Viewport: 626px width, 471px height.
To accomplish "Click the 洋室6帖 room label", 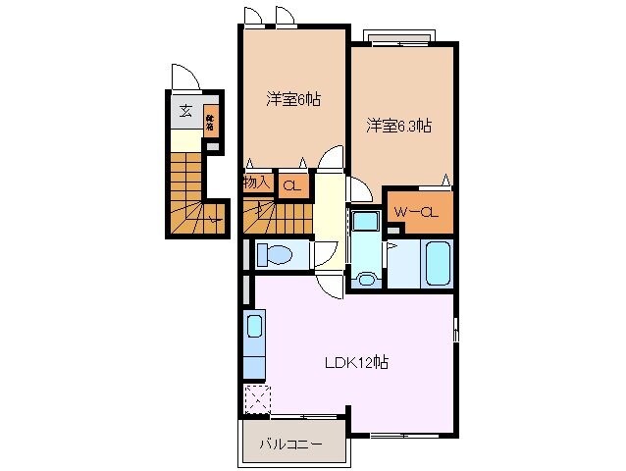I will tap(293, 99).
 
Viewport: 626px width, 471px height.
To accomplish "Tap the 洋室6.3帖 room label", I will tap(400, 126).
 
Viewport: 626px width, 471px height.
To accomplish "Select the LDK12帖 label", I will tap(357, 362).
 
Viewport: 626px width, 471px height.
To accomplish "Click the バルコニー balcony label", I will tap(290, 445).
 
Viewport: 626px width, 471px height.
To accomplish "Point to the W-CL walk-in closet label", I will tap(416, 212).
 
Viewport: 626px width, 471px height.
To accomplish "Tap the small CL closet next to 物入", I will tap(291, 184).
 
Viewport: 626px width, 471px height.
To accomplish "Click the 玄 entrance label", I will tap(184, 110).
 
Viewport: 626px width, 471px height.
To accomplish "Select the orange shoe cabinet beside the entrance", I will tap(210, 124).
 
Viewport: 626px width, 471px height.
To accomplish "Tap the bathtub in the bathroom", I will tap(436, 263).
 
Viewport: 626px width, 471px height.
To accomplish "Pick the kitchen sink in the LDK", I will tap(253, 328).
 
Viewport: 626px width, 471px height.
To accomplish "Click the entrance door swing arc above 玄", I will tap(184, 77).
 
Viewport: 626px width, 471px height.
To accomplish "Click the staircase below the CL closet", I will tap(276, 215).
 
